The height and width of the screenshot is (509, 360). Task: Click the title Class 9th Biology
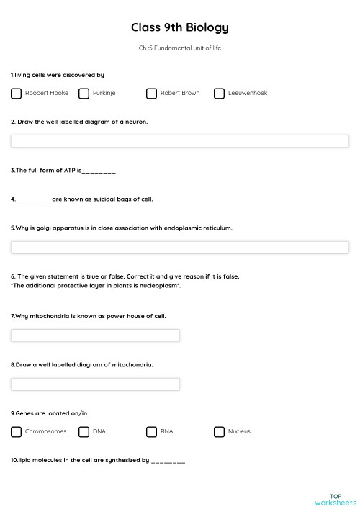[x=180, y=28]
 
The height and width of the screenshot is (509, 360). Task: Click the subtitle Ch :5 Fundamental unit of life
[x=180, y=48]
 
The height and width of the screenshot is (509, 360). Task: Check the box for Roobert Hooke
[x=16, y=94]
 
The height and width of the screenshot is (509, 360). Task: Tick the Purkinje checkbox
[x=84, y=94]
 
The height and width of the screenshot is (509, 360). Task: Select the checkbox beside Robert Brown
[x=151, y=94]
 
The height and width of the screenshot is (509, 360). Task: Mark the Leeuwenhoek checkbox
[x=219, y=94]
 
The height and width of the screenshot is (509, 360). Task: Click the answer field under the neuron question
[x=180, y=141]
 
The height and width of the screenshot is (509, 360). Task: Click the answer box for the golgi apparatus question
[x=180, y=248]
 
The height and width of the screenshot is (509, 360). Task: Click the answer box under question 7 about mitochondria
[x=95, y=335]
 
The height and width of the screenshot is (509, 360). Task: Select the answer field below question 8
[x=95, y=384]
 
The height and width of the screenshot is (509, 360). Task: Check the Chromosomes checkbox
[x=16, y=432]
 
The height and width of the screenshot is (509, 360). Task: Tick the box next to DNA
[x=84, y=432]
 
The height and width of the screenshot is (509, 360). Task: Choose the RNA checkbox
[x=151, y=432]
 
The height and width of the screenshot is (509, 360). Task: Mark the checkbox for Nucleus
[x=219, y=432]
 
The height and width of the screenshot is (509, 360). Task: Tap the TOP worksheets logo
[x=336, y=499]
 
